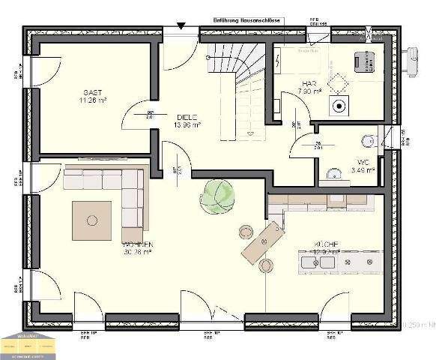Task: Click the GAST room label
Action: click(x=92, y=90)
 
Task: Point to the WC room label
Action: click(x=363, y=161)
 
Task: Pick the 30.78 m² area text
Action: click(x=137, y=253)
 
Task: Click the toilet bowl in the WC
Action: click(x=368, y=139)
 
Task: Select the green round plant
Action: click(x=217, y=196)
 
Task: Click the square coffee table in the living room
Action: click(x=92, y=220)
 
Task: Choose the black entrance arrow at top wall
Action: click(x=181, y=26)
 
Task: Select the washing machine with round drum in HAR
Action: click(x=341, y=106)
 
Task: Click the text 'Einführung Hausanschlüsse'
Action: click(x=246, y=20)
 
